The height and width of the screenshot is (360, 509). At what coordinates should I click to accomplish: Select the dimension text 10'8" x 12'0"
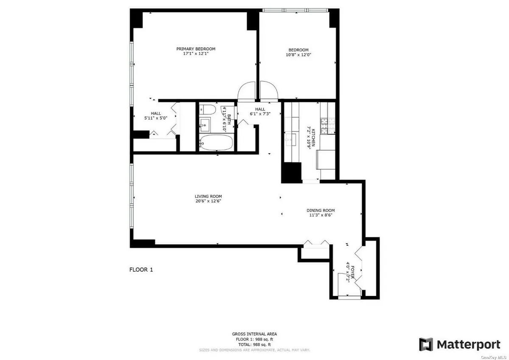300,54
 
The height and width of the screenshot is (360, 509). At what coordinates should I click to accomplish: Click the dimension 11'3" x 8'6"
321,215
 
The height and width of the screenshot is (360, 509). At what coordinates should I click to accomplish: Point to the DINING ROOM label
321,210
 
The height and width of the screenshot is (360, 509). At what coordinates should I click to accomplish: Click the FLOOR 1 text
141,269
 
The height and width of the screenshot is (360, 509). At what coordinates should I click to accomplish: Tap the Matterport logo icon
426,344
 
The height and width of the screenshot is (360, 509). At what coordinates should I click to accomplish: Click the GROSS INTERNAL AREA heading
255,334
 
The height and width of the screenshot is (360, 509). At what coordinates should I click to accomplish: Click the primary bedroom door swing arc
246,90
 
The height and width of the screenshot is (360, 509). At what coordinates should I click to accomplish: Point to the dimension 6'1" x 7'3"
260,114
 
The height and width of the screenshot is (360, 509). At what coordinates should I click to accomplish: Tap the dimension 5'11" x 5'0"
156,118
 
